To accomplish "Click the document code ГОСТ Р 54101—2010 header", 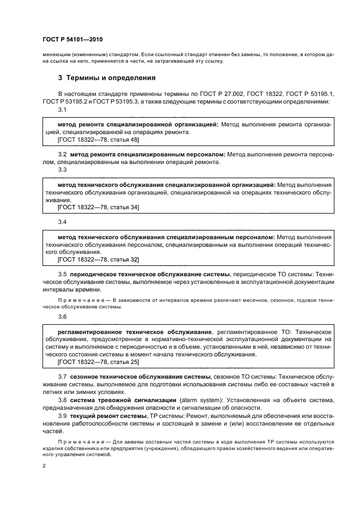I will [72, 40].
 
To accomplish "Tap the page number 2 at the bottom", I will [44, 466].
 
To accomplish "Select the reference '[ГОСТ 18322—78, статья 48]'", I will [98, 140].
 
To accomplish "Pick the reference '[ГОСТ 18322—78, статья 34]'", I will [98, 208].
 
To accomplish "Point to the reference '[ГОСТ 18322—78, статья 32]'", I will [98, 260].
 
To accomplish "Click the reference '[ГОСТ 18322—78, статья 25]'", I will [98, 361].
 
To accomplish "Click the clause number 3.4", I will [62, 223].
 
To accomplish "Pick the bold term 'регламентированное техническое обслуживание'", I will [135, 332].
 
